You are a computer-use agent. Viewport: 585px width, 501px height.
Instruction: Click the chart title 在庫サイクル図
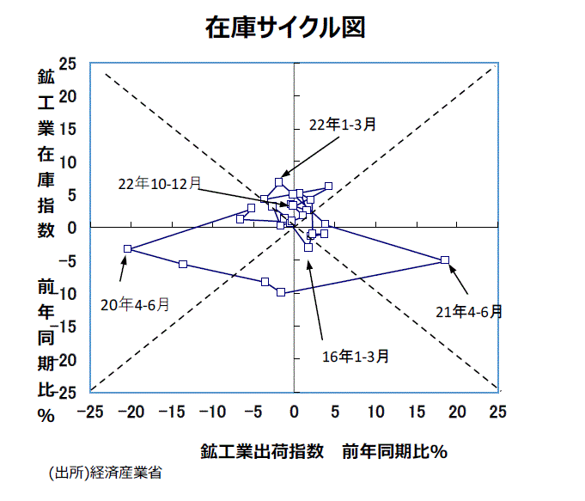(285, 27)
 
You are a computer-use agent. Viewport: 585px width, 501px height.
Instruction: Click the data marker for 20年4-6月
(127, 248)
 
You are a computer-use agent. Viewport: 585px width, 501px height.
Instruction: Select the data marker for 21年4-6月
(445, 260)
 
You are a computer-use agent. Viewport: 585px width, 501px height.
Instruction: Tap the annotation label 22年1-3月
(343, 125)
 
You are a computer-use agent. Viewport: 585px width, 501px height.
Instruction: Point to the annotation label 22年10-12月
(160, 183)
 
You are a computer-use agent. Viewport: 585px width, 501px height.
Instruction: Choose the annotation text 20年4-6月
(135, 304)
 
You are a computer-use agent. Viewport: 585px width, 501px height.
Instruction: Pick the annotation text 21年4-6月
(468, 311)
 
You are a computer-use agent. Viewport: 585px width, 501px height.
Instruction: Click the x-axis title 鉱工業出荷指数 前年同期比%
(324, 450)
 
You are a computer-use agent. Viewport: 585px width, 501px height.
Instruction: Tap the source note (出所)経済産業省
(106, 473)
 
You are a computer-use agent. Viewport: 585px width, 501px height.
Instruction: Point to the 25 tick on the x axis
(497, 412)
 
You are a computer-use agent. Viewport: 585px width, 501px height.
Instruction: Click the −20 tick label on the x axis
(132, 412)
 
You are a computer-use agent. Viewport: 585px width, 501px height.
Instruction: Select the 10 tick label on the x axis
(375, 412)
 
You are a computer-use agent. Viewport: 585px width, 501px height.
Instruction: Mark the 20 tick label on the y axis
(67, 96)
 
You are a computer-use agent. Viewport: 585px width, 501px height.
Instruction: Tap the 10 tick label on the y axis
(67, 162)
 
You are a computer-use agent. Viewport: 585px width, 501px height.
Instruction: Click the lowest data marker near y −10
(281, 292)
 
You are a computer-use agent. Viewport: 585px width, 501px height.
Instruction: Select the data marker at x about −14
(183, 264)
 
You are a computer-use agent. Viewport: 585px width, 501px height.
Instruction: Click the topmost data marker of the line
(279, 181)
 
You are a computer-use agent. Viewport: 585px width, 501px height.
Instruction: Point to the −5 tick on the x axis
(253, 412)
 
